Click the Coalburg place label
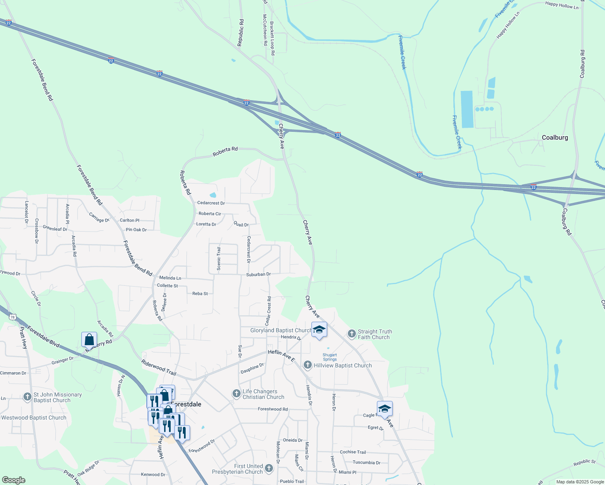pos(555,137)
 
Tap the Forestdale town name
pos(186,404)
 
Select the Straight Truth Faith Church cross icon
pos(352,334)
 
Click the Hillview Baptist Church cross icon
pos(308,365)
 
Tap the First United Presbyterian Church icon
pos(269,468)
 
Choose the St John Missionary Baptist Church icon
pos(27,397)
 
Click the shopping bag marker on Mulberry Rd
pos(89,340)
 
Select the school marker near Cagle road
pos(385,409)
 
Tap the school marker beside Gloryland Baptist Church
pos(319,330)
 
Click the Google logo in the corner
pos(13,480)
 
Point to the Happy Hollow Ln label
pos(562,5)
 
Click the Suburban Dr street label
pos(258,274)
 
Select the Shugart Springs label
pos(330,357)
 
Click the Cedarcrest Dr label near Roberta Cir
pos(211,203)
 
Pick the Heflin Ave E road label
pos(281,356)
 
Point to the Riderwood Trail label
pos(159,367)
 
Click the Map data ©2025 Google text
pos(580,482)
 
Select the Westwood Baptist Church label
pos(34,418)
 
